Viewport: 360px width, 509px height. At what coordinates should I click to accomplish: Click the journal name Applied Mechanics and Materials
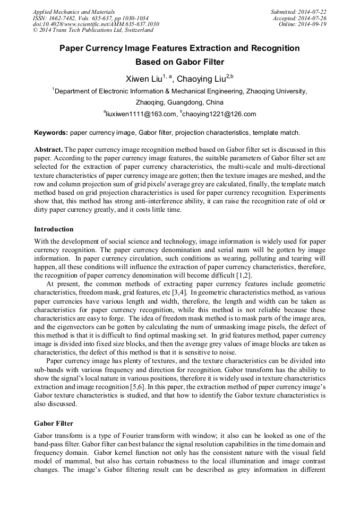point(73,11)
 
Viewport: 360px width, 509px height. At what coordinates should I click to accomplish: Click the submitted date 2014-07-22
point(313,11)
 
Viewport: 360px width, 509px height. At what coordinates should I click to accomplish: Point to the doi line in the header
point(96,24)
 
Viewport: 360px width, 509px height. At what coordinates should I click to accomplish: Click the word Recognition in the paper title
point(275,48)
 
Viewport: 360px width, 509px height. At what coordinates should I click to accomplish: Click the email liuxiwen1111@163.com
point(141,114)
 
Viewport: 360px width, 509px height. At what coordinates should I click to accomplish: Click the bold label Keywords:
point(51,132)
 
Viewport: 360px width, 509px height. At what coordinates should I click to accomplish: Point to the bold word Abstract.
point(48,150)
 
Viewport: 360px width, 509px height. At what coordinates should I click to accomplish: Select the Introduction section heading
point(54,229)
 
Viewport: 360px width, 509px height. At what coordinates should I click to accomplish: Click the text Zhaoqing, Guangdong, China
point(179,102)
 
